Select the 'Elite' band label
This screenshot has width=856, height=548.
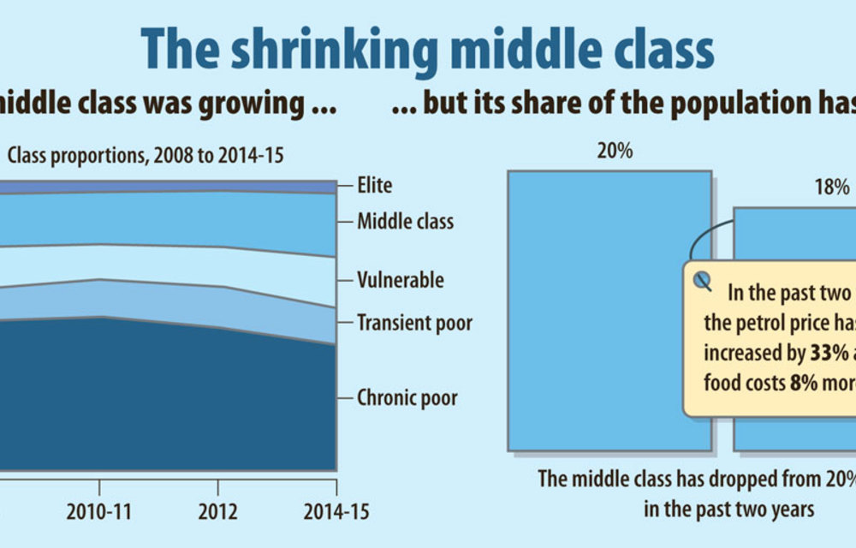point(374,184)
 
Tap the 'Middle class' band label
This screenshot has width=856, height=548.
point(405,222)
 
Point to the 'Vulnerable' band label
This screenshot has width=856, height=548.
point(400,280)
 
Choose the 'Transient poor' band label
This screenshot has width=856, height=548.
point(414,323)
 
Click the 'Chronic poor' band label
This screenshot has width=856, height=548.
point(407,397)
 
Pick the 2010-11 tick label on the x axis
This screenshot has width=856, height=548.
point(100,512)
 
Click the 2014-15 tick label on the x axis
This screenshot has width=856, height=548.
point(336,512)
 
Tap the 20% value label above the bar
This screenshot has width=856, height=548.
point(615,152)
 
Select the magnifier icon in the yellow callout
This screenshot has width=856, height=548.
point(703,281)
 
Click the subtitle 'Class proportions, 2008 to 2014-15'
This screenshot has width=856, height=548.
point(146,156)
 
